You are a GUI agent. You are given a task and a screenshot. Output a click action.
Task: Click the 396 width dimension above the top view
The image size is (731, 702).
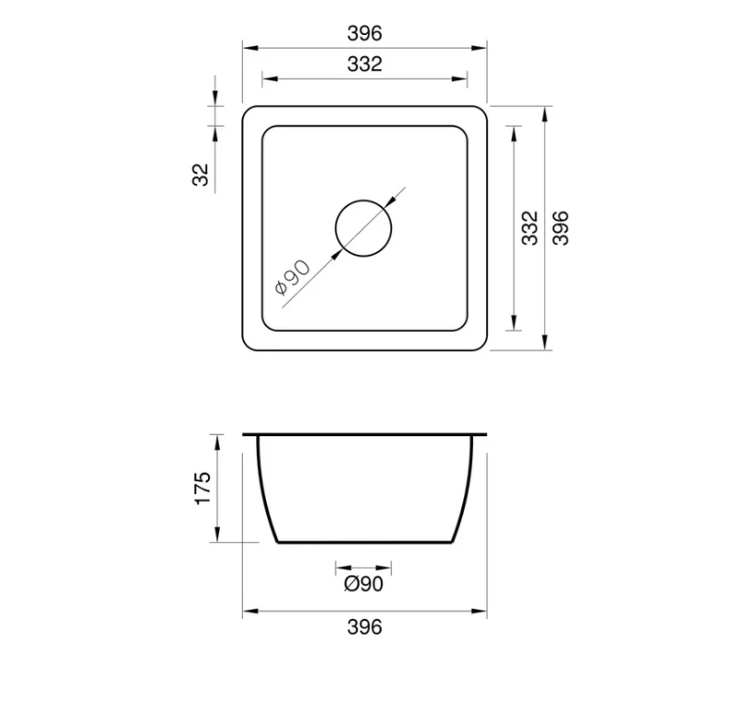(x=364, y=33)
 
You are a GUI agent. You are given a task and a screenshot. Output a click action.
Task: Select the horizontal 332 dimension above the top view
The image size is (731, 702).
(x=364, y=65)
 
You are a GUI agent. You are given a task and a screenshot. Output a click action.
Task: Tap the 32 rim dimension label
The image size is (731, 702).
(x=201, y=174)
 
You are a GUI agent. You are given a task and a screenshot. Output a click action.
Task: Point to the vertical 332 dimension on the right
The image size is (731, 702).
(x=529, y=227)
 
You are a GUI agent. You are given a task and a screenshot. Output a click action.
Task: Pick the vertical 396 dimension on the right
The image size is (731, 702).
(x=560, y=227)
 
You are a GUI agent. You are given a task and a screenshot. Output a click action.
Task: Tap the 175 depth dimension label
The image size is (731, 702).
(x=202, y=488)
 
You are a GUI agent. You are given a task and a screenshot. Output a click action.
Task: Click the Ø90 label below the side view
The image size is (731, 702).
(x=363, y=583)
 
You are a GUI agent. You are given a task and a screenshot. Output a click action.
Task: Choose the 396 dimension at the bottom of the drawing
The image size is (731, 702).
(x=364, y=627)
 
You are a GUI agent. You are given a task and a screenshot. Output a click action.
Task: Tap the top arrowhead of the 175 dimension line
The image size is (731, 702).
(x=216, y=438)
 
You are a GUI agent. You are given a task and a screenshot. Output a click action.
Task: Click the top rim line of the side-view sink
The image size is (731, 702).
(x=364, y=433)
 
